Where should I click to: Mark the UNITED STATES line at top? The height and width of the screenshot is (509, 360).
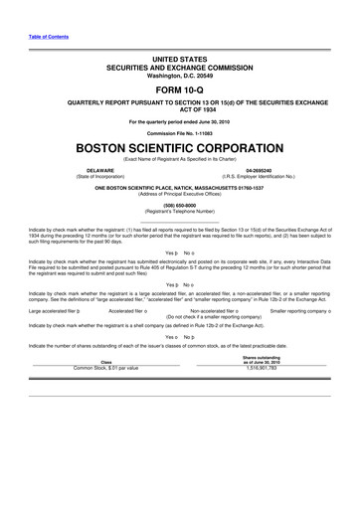(x=179, y=60)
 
